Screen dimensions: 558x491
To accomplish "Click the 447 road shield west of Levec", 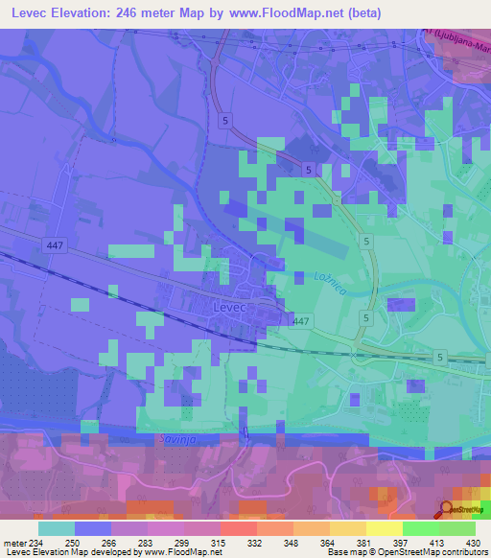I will (x=55, y=246).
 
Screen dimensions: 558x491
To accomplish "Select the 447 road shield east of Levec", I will (x=301, y=321).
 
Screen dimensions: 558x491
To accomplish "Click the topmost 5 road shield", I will (x=223, y=120).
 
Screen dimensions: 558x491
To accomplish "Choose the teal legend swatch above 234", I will (x=56, y=528).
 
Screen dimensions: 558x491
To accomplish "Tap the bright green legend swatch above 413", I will (x=420, y=528).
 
